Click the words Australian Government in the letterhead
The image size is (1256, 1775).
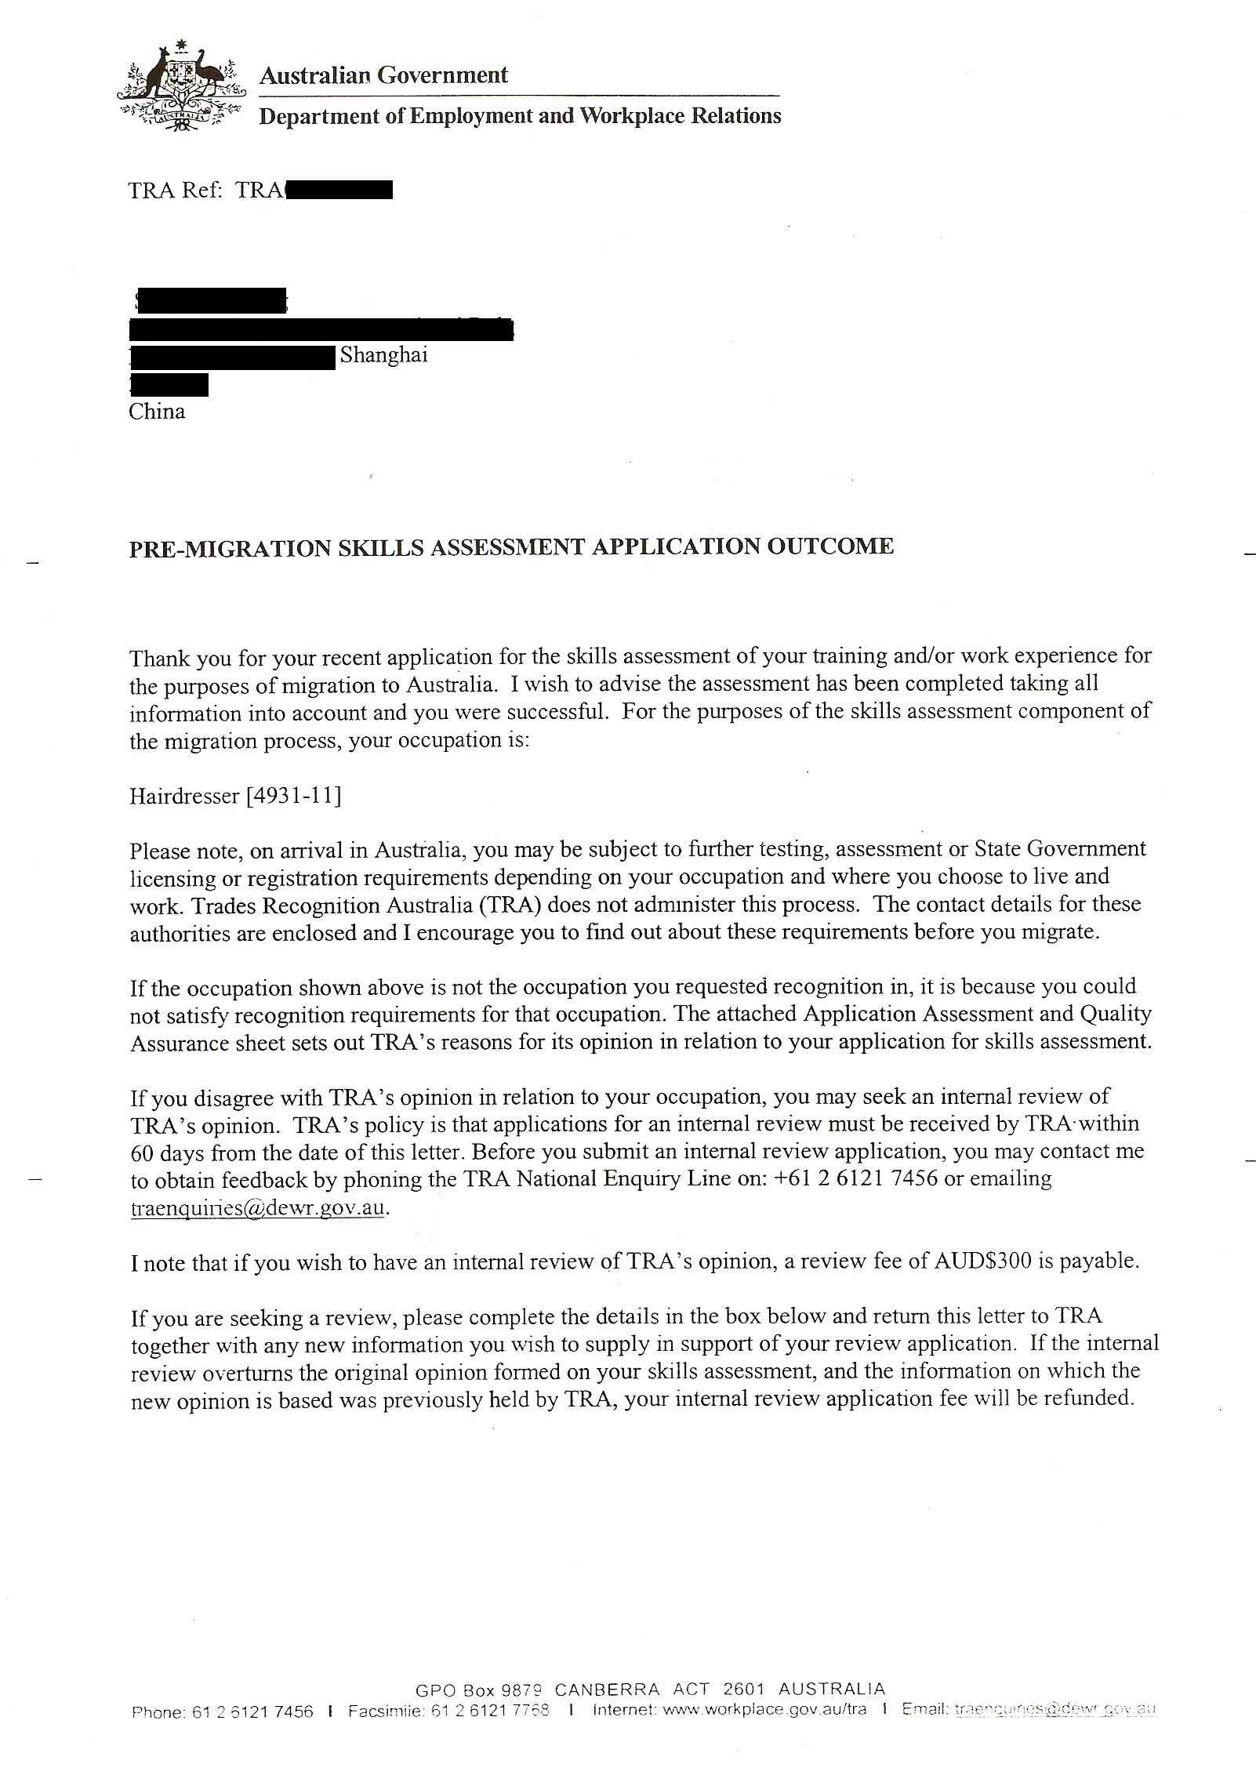[383, 75]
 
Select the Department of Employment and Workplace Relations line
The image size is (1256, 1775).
[520, 116]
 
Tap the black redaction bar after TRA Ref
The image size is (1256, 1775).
[339, 191]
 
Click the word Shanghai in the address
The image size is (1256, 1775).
[383, 355]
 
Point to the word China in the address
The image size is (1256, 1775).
[157, 412]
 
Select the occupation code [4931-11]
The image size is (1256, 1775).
[294, 796]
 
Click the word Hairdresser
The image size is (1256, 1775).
[184, 796]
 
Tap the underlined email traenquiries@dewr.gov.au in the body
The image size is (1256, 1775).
[259, 1207]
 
